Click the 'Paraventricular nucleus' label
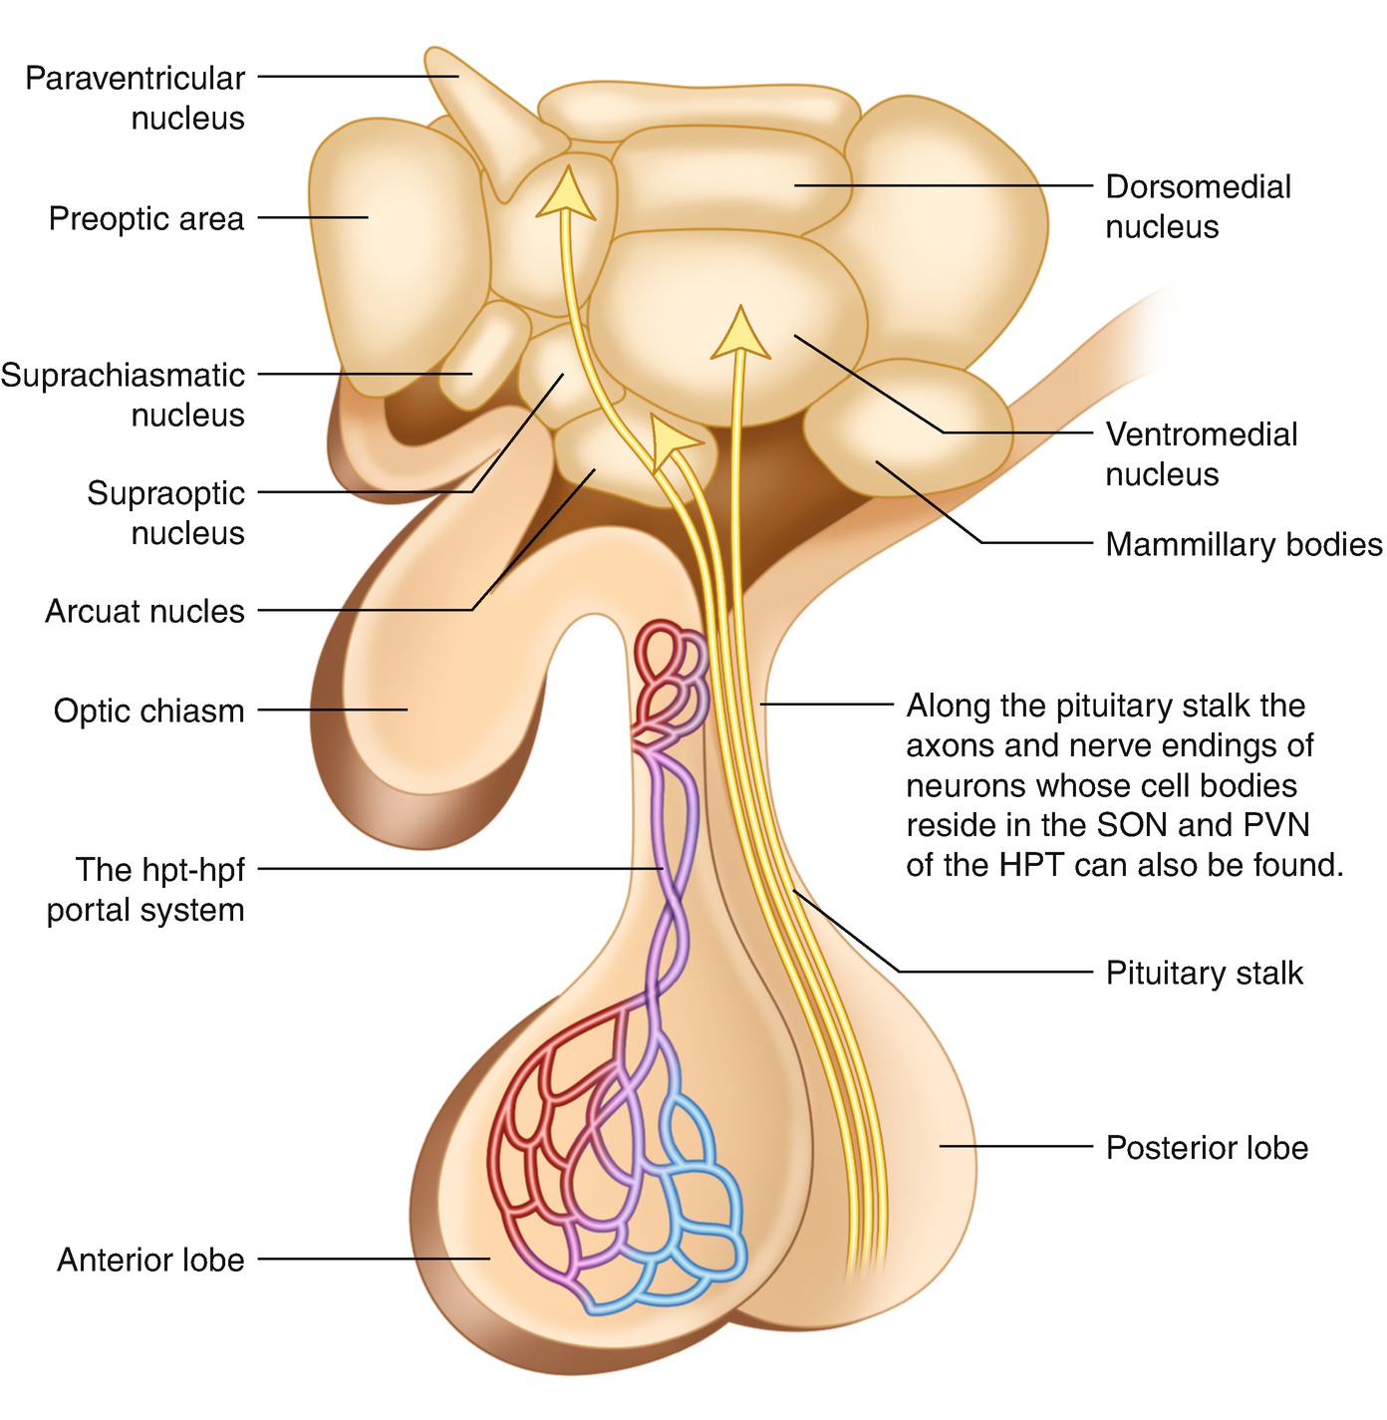135,98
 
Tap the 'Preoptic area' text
145,218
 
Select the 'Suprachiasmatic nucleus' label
123,395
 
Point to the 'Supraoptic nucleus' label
165,512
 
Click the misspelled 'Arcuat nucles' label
144,611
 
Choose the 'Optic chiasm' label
148,710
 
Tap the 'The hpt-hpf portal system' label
145,889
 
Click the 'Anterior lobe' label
150,1260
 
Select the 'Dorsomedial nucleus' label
1198,206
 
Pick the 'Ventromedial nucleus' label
1201,453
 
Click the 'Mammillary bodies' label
1244,544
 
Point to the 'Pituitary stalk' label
1204,973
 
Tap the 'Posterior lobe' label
1207,1147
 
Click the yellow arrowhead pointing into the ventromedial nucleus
740,334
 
